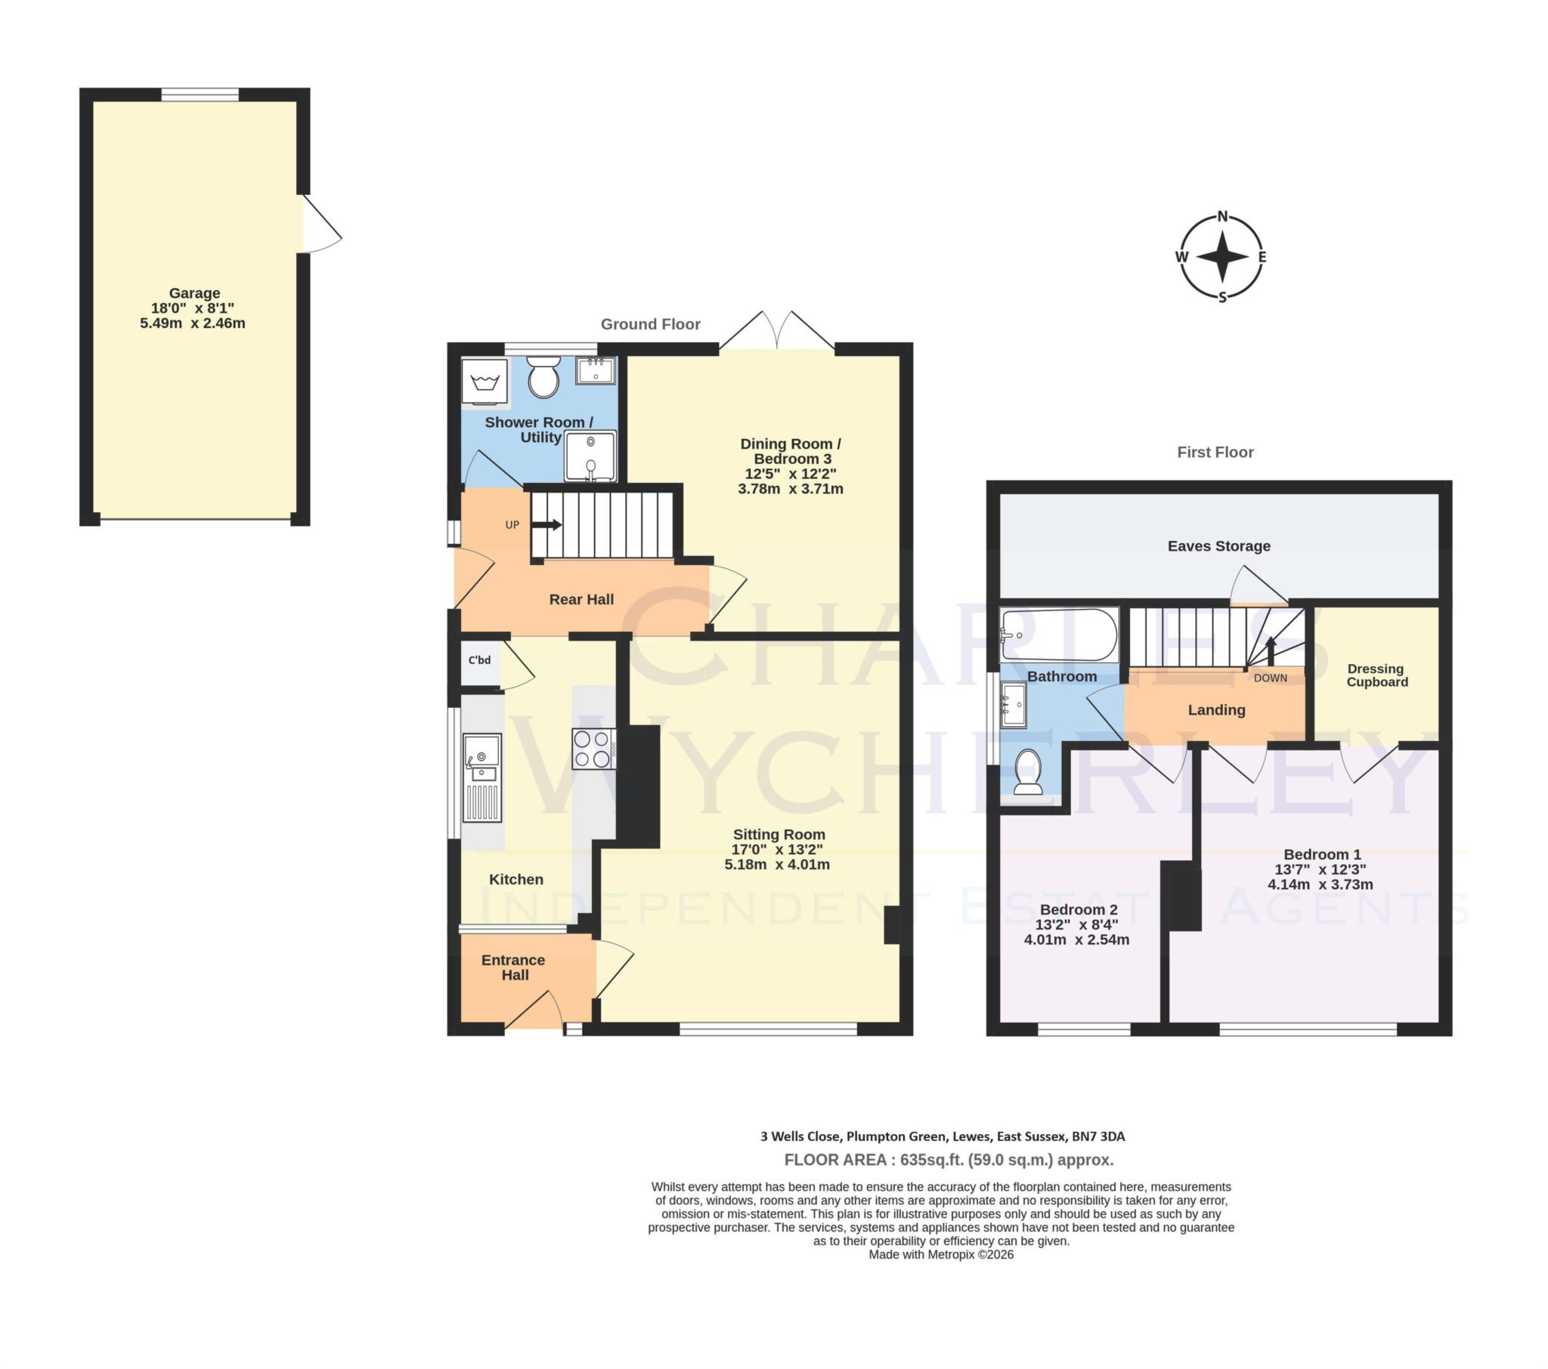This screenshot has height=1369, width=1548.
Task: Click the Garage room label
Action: (194, 293)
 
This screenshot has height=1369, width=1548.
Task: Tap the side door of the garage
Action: (320, 224)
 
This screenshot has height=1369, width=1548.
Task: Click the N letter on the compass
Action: (1222, 217)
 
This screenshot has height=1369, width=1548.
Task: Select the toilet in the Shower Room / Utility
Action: (543, 376)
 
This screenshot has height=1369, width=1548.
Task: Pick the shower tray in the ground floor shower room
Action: (590, 456)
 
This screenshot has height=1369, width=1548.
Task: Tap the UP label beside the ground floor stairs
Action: (512, 525)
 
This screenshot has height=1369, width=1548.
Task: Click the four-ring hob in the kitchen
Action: (593, 748)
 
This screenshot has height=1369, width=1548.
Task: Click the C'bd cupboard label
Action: (479, 660)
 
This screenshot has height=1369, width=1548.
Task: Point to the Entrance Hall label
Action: (513, 967)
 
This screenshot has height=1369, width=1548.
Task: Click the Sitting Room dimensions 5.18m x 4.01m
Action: (777, 865)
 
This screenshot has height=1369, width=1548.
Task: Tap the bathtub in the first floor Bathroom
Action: (1058, 635)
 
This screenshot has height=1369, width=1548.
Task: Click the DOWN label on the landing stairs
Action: (1270, 678)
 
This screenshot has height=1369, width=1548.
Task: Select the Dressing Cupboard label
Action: (1376, 675)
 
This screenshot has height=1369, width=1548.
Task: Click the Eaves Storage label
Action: (1218, 546)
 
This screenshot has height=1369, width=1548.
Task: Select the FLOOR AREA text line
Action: (948, 1160)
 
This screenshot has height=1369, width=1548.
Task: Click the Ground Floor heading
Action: (650, 324)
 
